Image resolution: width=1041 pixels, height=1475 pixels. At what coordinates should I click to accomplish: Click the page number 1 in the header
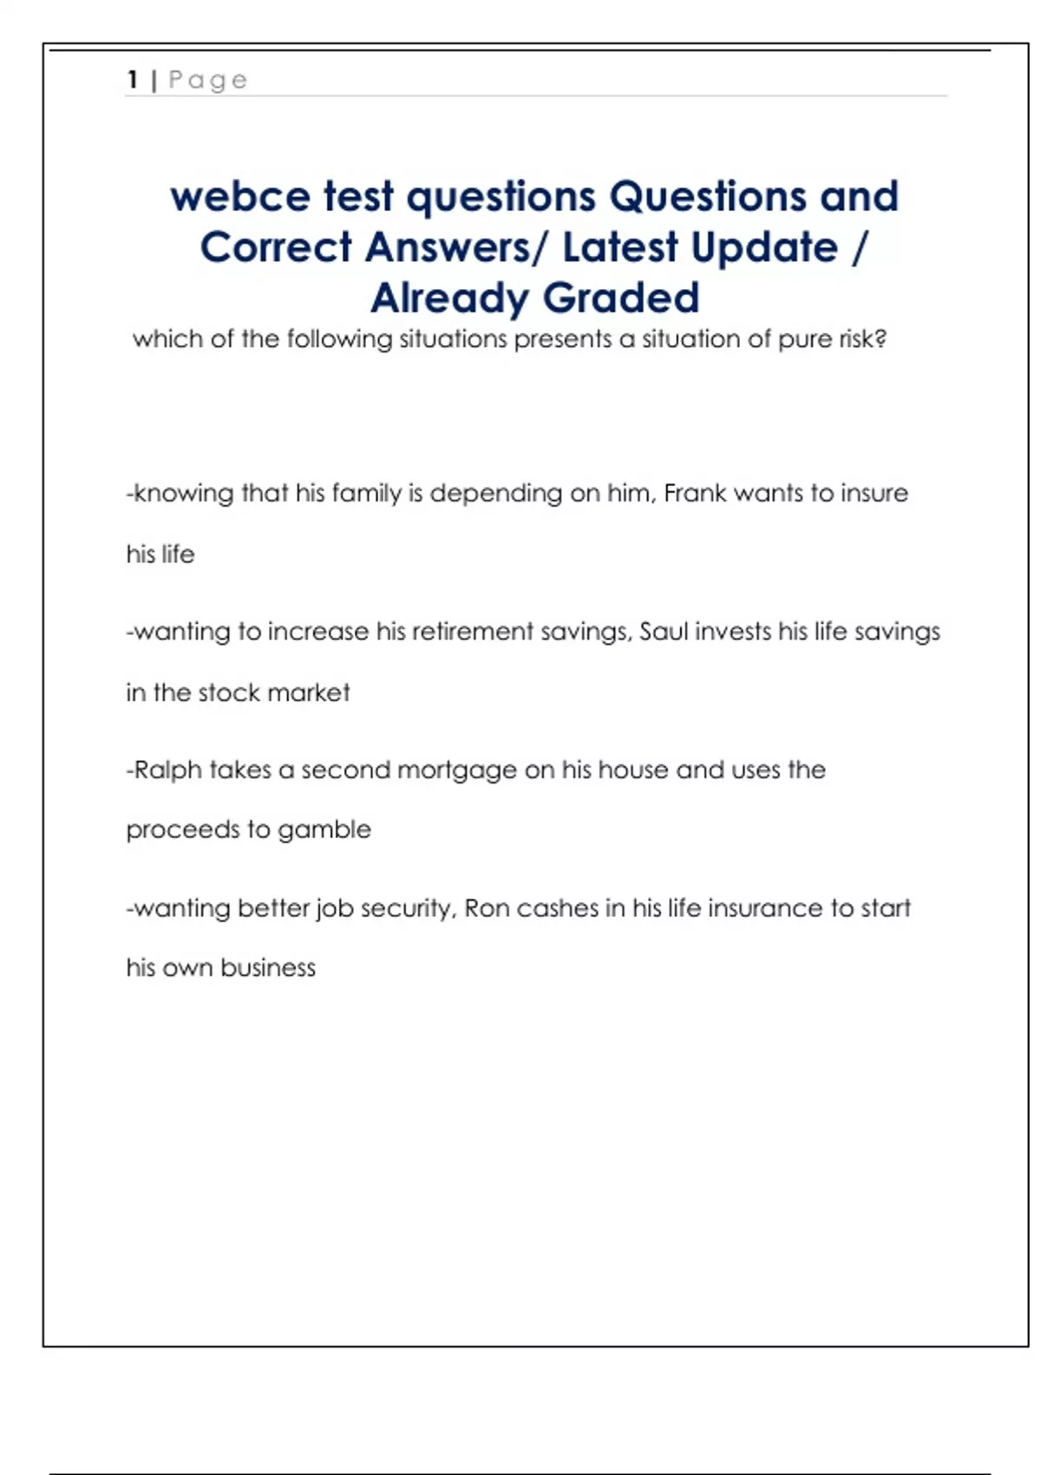point(133,80)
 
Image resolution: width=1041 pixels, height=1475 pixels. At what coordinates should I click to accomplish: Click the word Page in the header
point(208,81)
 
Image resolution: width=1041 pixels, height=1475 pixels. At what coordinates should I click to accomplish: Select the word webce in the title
point(240,196)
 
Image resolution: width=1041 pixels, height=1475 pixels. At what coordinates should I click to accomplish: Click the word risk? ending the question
point(863,338)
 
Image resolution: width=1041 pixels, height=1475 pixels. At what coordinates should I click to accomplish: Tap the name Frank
point(694,493)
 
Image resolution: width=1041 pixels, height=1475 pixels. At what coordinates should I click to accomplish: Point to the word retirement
point(473,631)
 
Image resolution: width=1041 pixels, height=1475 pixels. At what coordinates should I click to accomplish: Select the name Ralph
point(167,770)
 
